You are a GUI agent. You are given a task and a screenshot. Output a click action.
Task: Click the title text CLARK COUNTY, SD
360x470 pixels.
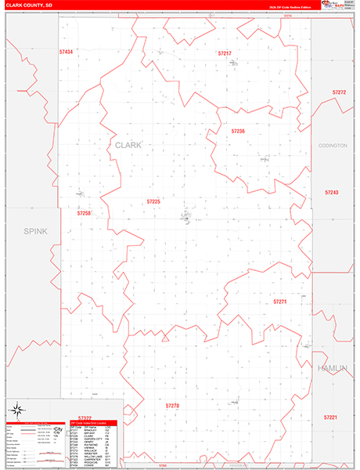[x=29, y=5]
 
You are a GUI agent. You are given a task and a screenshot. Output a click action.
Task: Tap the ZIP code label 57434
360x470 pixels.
[x=66, y=52]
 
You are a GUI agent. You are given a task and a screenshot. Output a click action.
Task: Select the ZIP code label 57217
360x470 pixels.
[x=225, y=53]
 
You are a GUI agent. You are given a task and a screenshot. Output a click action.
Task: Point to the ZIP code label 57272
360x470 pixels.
[x=339, y=92]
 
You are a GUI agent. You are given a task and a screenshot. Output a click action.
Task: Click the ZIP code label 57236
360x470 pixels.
[x=238, y=131]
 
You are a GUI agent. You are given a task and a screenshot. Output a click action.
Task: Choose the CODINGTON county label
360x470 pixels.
[x=333, y=146]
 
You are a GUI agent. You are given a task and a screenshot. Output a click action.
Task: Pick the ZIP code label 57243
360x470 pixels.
[x=332, y=192]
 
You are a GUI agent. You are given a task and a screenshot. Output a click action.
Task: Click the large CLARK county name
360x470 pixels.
[x=129, y=146]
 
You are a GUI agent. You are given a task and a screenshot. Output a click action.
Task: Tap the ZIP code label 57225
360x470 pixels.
[x=153, y=201]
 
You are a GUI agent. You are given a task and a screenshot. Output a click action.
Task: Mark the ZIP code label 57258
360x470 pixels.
[x=84, y=213]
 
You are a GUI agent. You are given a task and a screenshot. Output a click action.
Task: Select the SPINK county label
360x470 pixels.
[x=36, y=231]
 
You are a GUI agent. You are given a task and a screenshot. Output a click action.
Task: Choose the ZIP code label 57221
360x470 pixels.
[x=331, y=418]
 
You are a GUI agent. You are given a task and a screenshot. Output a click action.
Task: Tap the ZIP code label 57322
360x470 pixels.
[x=85, y=418]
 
